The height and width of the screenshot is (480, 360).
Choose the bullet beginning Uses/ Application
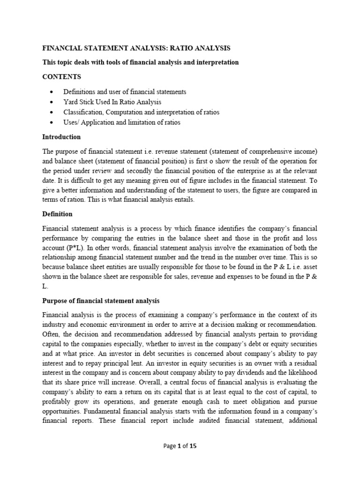pyautogui.click(x=122, y=122)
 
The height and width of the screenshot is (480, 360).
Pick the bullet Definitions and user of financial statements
pyautogui.click(x=125, y=92)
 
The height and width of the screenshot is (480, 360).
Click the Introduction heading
pyautogui.click(x=61, y=137)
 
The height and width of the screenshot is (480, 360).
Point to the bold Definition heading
pyautogui.click(x=57, y=214)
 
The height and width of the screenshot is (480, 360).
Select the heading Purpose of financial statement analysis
pyautogui.click(x=101, y=300)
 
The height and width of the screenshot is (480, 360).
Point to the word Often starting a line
pyautogui.click(x=52, y=335)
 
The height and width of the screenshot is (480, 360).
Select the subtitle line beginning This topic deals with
pyautogui.click(x=141, y=62)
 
